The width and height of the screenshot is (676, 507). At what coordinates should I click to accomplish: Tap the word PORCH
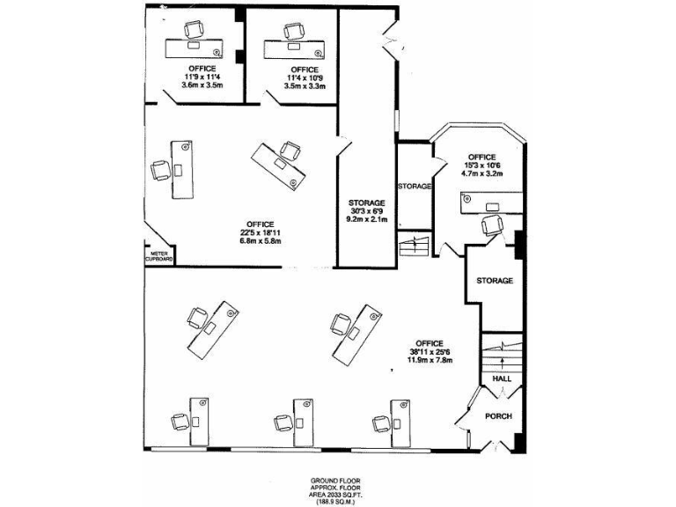pos(499,416)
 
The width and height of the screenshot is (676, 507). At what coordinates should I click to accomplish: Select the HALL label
pos(502,378)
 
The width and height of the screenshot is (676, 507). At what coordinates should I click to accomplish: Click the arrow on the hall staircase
pos(502,361)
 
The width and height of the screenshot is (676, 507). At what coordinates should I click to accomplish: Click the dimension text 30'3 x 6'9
pos(366,211)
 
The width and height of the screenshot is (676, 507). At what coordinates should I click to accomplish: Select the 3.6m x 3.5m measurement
pos(203,85)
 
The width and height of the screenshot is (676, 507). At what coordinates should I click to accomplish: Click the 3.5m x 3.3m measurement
pos(305,86)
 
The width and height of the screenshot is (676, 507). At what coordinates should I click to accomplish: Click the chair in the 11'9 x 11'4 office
pos(192,30)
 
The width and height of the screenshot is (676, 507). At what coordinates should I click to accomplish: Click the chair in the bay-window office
pos(492,226)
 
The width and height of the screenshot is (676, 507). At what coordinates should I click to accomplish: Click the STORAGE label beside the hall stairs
pos(495,281)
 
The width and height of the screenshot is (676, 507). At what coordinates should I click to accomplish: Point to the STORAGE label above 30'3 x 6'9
pos(366,202)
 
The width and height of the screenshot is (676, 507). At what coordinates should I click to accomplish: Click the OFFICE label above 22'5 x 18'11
pos(260,224)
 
